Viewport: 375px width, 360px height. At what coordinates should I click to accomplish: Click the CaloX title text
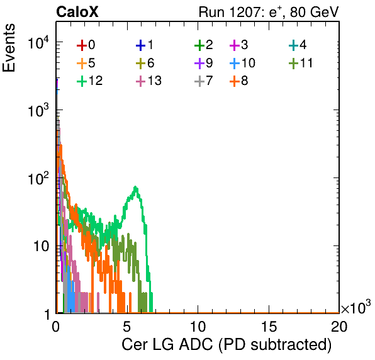pyautogui.click(x=77, y=12)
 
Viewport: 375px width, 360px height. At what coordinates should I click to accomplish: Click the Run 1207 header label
pyautogui.click(x=269, y=12)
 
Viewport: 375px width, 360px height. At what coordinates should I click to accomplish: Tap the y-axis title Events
pyautogui.click(x=9, y=48)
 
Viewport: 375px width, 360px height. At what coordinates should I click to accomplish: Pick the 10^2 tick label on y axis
pyautogui.click(x=38, y=178)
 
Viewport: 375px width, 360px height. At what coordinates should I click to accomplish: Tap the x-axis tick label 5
pyautogui.click(x=126, y=326)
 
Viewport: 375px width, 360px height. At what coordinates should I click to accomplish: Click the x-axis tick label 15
pyautogui.click(x=269, y=326)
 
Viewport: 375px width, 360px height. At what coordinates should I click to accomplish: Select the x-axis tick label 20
pyautogui.click(x=339, y=326)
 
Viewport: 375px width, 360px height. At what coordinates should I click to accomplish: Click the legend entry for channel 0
pyautogui.click(x=86, y=45)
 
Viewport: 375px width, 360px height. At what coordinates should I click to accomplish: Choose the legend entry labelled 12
pyautogui.click(x=90, y=81)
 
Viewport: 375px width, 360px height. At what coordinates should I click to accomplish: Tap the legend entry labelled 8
pyautogui.click(x=238, y=81)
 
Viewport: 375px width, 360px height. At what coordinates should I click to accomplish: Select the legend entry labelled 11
pyautogui.click(x=301, y=63)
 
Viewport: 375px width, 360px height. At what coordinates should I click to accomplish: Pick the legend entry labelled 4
pyautogui.click(x=298, y=45)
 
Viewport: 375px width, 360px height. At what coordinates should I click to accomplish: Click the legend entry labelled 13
pyautogui.click(x=148, y=81)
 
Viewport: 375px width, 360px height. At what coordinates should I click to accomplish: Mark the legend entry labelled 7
pyautogui.click(x=203, y=81)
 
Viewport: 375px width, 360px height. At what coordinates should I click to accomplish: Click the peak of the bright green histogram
pyautogui.click(x=136, y=187)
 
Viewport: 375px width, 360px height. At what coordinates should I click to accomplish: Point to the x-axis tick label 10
pyautogui.click(x=198, y=326)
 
